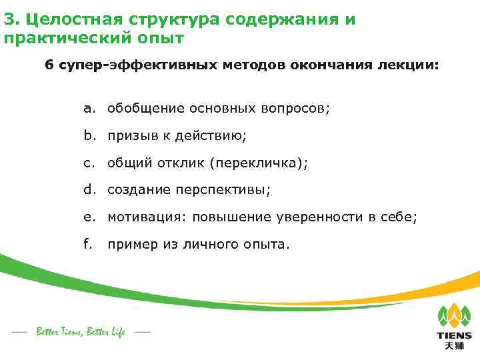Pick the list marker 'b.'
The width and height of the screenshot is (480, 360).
pyautogui.click(x=89, y=135)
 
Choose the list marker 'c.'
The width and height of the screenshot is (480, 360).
pyautogui.click(x=89, y=163)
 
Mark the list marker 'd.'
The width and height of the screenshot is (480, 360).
pyautogui.click(x=89, y=189)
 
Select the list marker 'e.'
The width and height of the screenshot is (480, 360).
pyautogui.click(x=89, y=217)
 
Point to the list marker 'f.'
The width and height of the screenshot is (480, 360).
pyautogui.click(x=87, y=243)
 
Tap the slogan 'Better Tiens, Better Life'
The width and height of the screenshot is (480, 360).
pyautogui.click(x=80, y=331)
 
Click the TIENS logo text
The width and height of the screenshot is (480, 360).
pyautogui.click(x=454, y=335)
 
